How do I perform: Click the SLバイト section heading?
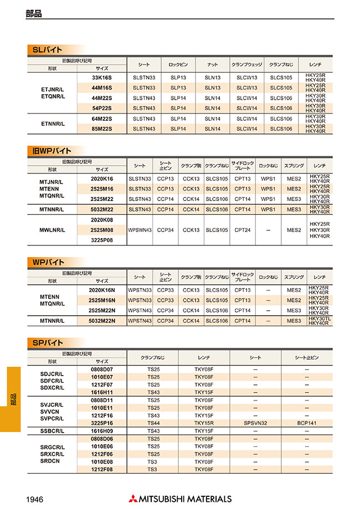click(x=47, y=50)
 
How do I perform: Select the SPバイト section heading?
click(x=47, y=342)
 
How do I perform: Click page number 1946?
click(x=35, y=498)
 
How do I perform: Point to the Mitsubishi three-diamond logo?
click(x=133, y=498)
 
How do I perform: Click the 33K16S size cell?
click(x=102, y=78)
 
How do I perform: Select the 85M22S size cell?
click(x=102, y=129)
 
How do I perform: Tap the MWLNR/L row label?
click(x=53, y=230)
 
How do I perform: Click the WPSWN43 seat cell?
click(x=140, y=230)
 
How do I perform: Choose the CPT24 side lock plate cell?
click(x=243, y=230)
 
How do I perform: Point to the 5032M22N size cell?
click(x=102, y=321)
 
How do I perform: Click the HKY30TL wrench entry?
click(x=320, y=318)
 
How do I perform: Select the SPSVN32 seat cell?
click(x=255, y=423)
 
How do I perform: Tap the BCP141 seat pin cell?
click(x=306, y=423)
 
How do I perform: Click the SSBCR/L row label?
click(x=53, y=430)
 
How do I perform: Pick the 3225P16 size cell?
click(x=102, y=423)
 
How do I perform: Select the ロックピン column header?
click(x=178, y=64)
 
